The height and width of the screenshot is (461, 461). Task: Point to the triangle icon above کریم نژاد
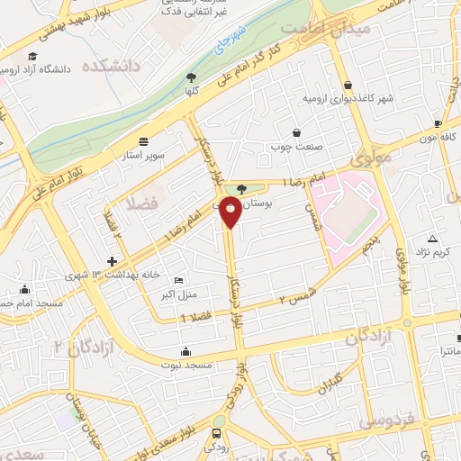[433, 239]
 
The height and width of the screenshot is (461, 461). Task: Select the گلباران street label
[325, 375]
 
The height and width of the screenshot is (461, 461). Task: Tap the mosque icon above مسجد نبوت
[185, 351]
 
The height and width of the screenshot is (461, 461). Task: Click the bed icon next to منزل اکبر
[177, 280]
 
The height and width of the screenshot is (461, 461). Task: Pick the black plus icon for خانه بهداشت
[112, 261]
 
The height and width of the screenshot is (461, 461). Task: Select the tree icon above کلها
[190, 77]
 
